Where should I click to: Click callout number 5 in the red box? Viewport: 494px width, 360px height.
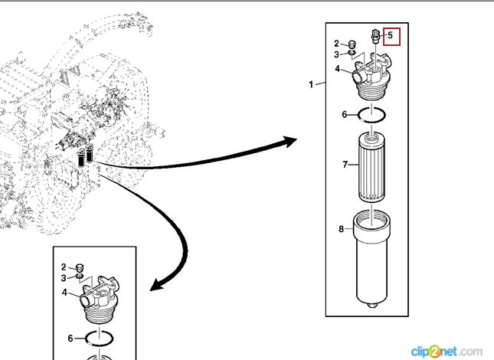(390, 34)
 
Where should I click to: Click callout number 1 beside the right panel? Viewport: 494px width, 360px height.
(312, 84)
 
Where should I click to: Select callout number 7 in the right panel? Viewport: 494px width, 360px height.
(345, 164)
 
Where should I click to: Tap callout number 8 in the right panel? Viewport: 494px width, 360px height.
(341, 229)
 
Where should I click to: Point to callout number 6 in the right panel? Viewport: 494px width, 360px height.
(345, 115)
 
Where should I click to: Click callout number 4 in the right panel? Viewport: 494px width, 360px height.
(337, 69)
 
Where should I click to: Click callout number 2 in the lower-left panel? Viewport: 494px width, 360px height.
(64, 267)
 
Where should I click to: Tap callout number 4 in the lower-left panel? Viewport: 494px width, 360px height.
(64, 293)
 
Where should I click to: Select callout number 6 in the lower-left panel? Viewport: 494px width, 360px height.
(70, 338)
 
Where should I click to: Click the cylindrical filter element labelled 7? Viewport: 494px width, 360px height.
(371, 169)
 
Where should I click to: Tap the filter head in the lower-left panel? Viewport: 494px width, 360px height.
(99, 303)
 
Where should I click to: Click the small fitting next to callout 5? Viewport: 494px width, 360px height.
(375, 35)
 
